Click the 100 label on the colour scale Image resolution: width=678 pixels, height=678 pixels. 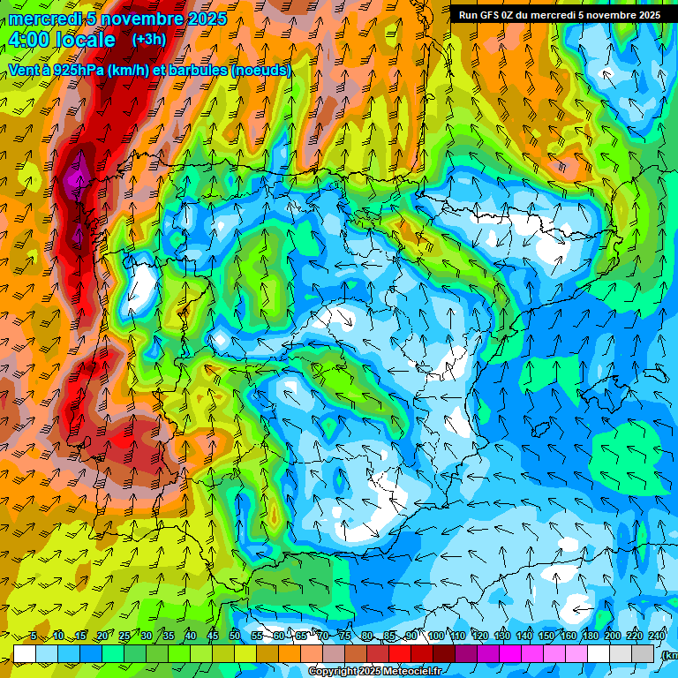435,636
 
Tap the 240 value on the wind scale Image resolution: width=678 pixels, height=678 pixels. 657,636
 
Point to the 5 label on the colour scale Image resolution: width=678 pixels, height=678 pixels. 34,636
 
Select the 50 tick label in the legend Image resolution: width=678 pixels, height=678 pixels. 235,636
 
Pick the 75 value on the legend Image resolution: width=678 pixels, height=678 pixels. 345,636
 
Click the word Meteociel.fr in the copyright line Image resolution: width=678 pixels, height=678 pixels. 407,672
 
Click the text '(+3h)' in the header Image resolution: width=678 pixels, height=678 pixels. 148,40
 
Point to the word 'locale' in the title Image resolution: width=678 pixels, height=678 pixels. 85,40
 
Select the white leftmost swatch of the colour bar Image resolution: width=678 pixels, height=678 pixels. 24,653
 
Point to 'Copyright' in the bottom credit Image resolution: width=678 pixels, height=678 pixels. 335,672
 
